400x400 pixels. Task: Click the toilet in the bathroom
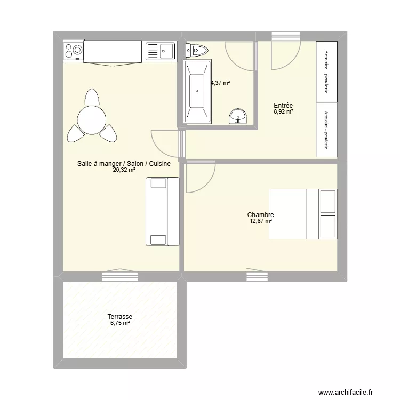[x=196, y=50]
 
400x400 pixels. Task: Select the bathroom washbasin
[x=238, y=116]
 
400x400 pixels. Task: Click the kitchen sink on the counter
[x=160, y=52]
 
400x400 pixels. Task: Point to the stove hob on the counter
[x=73, y=51]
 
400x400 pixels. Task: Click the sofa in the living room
[x=162, y=211]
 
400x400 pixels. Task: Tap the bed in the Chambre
[x=303, y=213]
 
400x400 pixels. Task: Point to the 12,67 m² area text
[x=260, y=221]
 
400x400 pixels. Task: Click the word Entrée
[x=283, y=106]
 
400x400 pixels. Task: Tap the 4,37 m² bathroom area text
[x=220, y=83]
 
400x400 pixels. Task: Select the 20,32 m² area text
[x=124, y=170]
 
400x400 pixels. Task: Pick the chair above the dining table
[x=92, y=97]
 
